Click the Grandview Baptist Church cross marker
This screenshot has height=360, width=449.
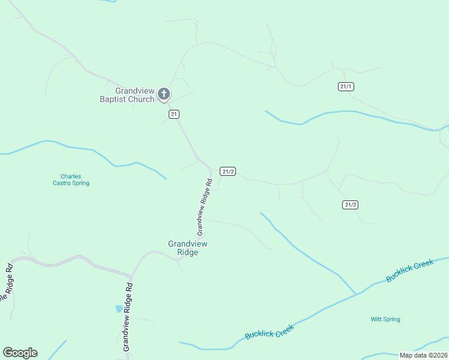(163, 94)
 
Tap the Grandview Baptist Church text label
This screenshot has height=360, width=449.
(127, 95)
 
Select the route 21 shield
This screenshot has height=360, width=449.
(174, 114)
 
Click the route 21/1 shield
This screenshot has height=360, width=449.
(346, 86)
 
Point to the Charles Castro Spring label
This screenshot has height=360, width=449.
(71, 180)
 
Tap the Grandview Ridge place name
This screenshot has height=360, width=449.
(187, 248)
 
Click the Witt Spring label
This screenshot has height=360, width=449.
(385, 319)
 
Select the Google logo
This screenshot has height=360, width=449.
(20, 353)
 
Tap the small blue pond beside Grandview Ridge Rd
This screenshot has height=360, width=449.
(119, 308)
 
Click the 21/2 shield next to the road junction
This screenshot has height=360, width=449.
(228, 171)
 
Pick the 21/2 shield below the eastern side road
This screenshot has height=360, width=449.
(351, 205)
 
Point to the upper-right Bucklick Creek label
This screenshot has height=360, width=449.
(409, 271)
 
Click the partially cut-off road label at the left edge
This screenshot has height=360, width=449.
(7, 283)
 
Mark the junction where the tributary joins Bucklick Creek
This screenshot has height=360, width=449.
(357, 294)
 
